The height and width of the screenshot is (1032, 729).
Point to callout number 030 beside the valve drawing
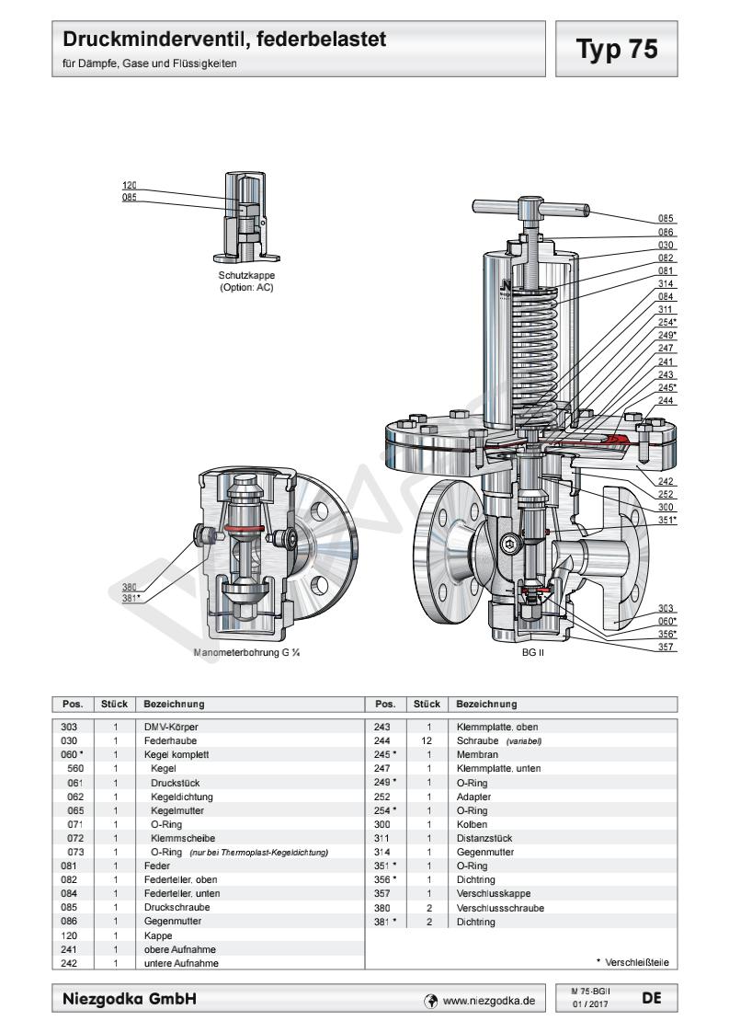666,245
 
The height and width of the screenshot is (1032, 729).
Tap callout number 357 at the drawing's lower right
666,648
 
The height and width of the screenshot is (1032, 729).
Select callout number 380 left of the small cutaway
130,586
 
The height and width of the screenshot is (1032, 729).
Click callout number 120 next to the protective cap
130,185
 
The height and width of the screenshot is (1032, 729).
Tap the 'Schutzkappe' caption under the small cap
246,275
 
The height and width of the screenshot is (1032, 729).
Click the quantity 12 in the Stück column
428,740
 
